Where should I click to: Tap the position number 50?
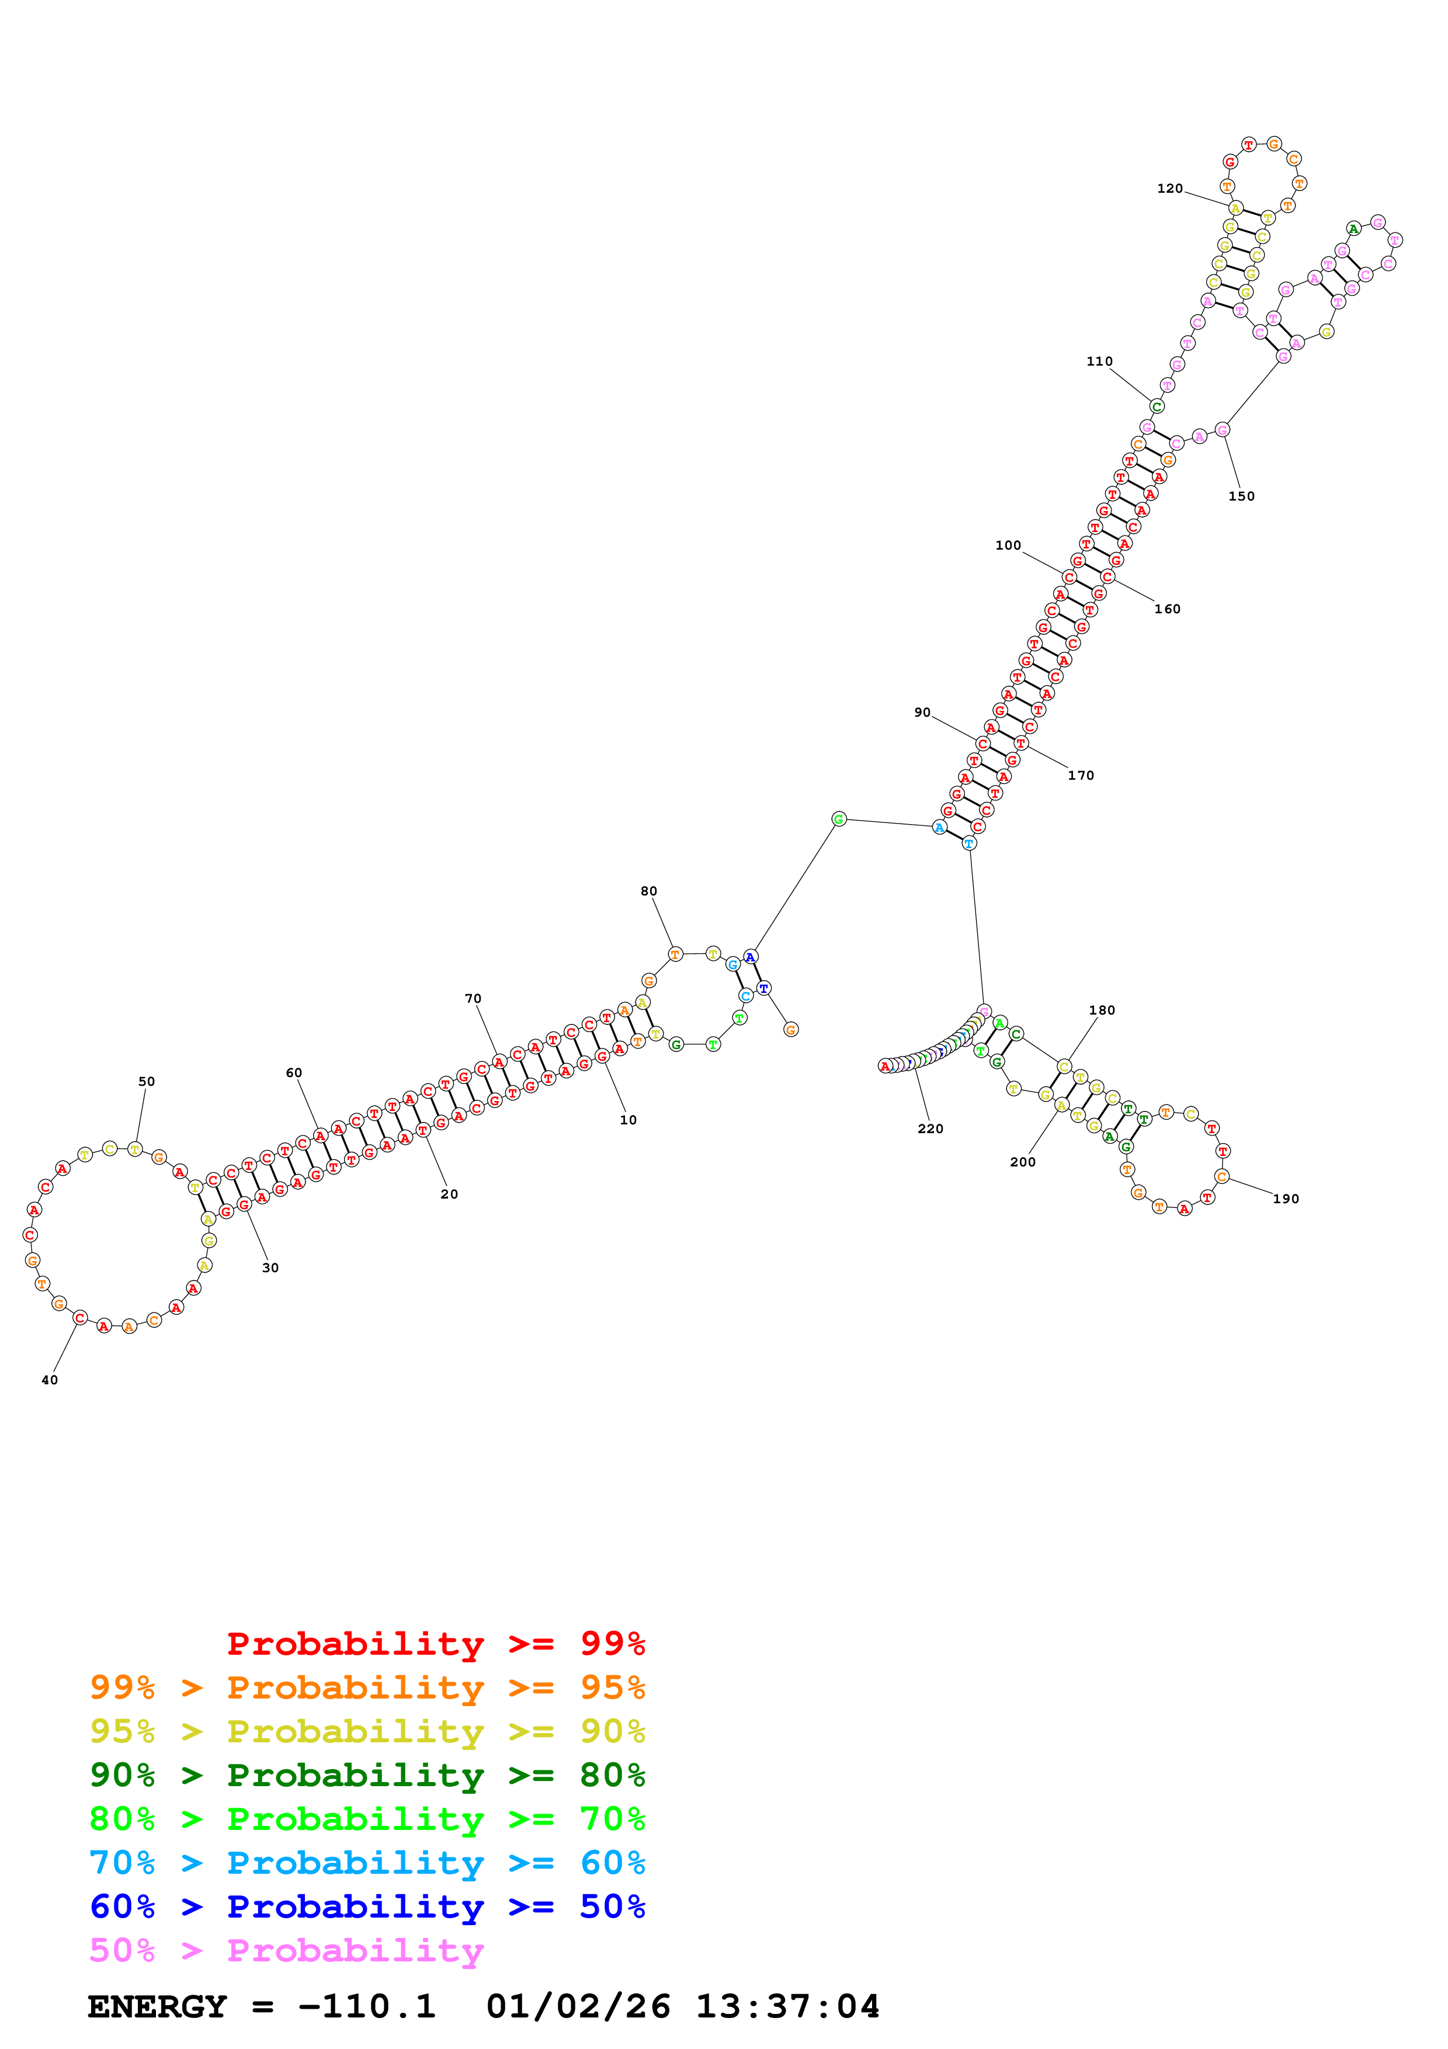tap(146, 1082)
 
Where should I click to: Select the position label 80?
tap(648, 891)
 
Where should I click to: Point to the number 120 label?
tap(1169, 188)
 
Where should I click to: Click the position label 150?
tap(1241, 496)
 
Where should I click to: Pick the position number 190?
tap(1286, 1199)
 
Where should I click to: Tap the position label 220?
tap(930, 1129)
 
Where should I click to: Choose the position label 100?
tap(1008, 546)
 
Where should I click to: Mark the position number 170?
tap(1081, 776)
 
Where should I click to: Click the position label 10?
tap(628, 1120)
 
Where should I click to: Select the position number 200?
tap(1022, 1162)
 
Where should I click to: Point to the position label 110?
tap(1099, 362)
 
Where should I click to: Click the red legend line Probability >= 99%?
tap(435, 1643)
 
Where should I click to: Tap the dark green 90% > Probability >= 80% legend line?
tap(367, 1775)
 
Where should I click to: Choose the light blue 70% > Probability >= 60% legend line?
tap(367, 1863)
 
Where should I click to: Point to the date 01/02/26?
tap(578, 2007)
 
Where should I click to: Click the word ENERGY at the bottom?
tap(157, 2007)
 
